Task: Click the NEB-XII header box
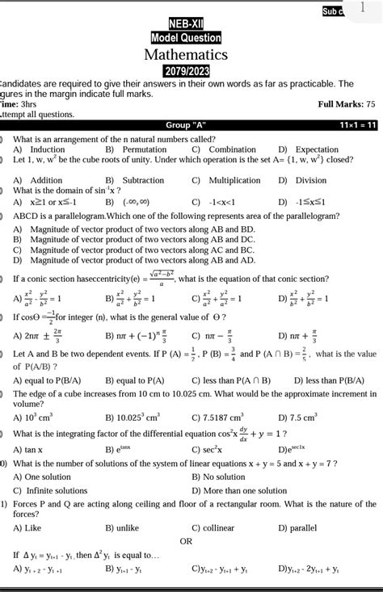(x=186, y=23)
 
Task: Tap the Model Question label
(x=186, y=37)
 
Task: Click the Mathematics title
(x=186, y=55)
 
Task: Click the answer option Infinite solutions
(x=56, y=490)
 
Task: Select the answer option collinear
(x=218, y=527)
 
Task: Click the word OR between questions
(x=186, y=541)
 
